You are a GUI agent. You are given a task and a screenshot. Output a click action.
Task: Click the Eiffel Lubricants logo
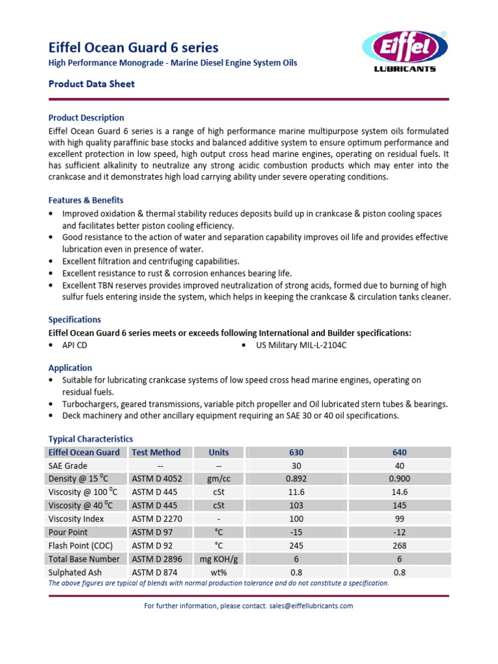pos(404,51)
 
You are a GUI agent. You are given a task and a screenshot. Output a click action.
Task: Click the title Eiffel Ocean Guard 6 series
pos(134,47)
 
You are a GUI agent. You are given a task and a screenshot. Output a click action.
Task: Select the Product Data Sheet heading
pos(91,84)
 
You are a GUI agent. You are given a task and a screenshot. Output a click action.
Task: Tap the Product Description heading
pos(86,117)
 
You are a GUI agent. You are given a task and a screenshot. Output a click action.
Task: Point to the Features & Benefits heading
pos(86,200)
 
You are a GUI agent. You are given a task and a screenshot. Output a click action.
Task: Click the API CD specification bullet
pos(74,345)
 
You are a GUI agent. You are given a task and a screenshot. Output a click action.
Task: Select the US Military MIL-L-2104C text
pos(301,345)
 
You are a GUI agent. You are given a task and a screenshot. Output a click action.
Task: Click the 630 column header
pos(296,452)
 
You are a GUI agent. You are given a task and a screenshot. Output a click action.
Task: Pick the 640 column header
pos(399,452)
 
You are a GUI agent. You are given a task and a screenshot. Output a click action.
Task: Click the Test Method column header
pos(156,452)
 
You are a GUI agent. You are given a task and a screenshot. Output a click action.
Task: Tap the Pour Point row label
pos(67,532)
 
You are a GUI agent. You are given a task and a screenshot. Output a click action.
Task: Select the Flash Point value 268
pos(399,545)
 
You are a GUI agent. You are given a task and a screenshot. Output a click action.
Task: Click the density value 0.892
pos(296,479)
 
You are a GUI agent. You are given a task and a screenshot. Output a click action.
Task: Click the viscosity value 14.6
pos(399,492)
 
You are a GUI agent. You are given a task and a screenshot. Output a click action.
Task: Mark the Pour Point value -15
pos(296,532)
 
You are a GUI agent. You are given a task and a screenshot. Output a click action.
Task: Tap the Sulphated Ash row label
pos(76,572)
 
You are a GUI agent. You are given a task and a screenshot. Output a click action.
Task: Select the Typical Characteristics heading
pos(90,439)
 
